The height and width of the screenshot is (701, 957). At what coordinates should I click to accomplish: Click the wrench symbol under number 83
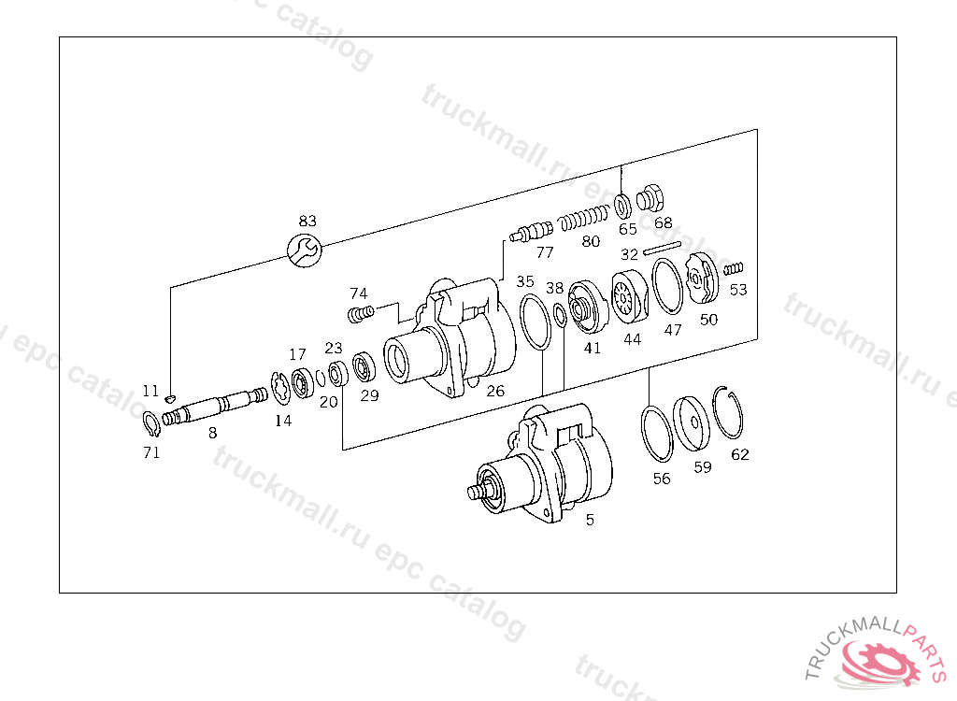click(x=304, y=250)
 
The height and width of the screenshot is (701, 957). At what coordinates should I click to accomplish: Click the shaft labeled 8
click(x=215, y=407)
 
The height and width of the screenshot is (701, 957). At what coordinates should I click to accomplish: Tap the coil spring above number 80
click(x=585, y=218)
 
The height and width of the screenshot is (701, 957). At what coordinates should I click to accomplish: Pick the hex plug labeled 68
click(x=650, y=198)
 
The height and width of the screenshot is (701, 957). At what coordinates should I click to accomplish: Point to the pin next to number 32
click(x=663, y=249)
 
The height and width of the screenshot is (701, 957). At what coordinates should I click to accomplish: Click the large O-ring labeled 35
click(x=536, y=322)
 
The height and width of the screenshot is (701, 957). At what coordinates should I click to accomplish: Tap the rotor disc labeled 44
click(x=630, y=298)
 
